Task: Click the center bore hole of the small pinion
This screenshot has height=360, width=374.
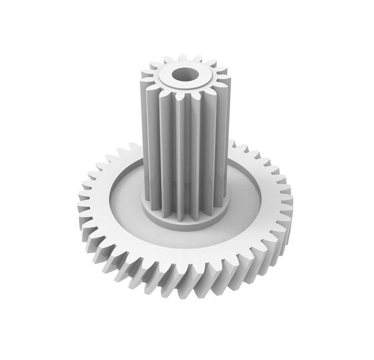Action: pos(184,74)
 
